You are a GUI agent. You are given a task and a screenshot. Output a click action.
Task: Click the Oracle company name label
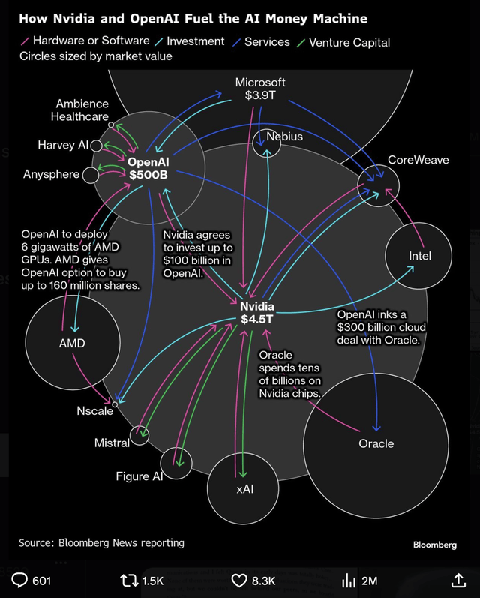[376, 443]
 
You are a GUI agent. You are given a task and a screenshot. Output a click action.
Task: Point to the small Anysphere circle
[91, 175]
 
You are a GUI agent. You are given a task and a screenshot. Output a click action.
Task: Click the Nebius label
[285, 137]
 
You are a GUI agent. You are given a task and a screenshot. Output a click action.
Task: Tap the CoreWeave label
[418, 160]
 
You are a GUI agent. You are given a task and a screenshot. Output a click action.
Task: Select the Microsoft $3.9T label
[260, 89]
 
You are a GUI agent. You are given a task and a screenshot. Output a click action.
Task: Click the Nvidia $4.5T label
[257, 312]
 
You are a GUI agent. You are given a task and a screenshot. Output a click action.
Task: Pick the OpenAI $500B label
[148, 167]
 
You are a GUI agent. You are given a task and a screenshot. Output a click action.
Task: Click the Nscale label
[94, 410]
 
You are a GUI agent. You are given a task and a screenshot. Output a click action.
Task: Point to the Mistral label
[112, 443]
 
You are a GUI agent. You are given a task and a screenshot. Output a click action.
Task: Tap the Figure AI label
[139, 476]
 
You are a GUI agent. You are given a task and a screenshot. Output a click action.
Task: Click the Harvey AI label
[63, 145]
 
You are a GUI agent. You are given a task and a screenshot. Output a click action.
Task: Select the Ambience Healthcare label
[82, 110]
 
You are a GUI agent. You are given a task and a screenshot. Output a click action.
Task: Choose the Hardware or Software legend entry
[84, 41]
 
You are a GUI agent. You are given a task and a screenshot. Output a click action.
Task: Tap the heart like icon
[239, 580]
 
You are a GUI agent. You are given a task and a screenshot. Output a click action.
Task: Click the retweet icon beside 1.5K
[129, 580]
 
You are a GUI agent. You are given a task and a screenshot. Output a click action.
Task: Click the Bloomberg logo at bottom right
[434, 545]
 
